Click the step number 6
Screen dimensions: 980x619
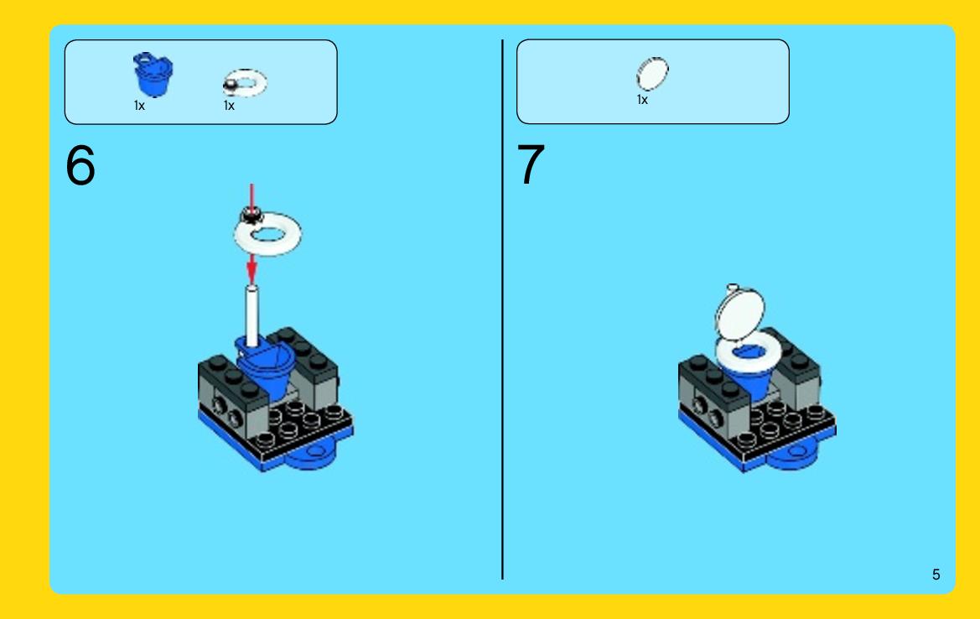pyautogui.click(x=80, y=165)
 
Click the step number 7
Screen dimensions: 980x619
pyautogui.click(x=531, y=164)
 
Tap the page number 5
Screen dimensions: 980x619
pyautogui.click(x=936, y=575)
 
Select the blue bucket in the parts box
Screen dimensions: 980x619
pyautogui.click(x=153, y=75)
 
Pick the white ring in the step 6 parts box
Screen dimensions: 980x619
pyautogui.click(x=245, y=82)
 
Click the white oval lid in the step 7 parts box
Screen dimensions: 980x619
pyautogui.click(x=652, y=74)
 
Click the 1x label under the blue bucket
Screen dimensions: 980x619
pyautogui.click(x=139, y=106)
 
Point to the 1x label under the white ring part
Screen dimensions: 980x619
pyautogui.click(x=229, y=106)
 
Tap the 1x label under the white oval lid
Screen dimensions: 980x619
pyautogui.click(x=642, y=100)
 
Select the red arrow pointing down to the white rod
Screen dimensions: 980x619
pyautogui.click(x=251, y=269)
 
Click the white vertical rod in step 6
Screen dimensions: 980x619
pyautogui.click(x=251, y=315)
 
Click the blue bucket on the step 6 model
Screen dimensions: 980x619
pyautogui.click(x=266, y=369)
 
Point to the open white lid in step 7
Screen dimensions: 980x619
pyautogui.click(x=740, y=314)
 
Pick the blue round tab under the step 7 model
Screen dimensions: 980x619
pyautogui.click(x=792, y=455)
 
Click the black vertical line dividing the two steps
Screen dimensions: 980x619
pyautogui.click(x=502, y=309)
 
